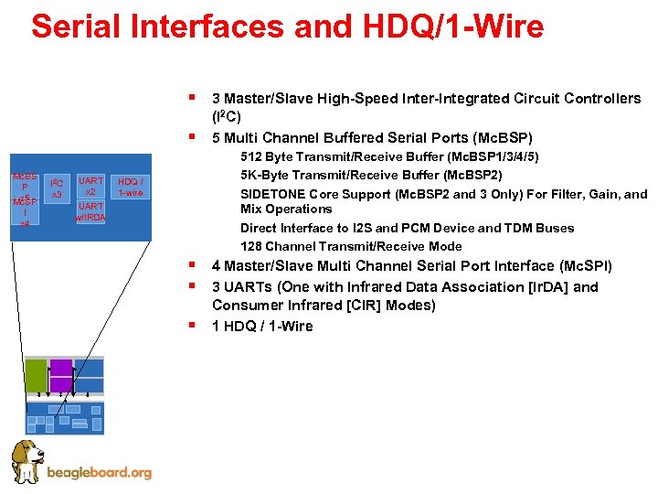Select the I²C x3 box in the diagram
click(56, 188)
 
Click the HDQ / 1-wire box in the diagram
click(130, 188)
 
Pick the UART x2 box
click(90, 186)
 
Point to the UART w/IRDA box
click(90, 211)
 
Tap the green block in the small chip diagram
click(36, 375)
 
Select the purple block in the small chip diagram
click(60, 375)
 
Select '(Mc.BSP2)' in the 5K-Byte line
click(470, 175)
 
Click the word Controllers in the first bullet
click(604, 98)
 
